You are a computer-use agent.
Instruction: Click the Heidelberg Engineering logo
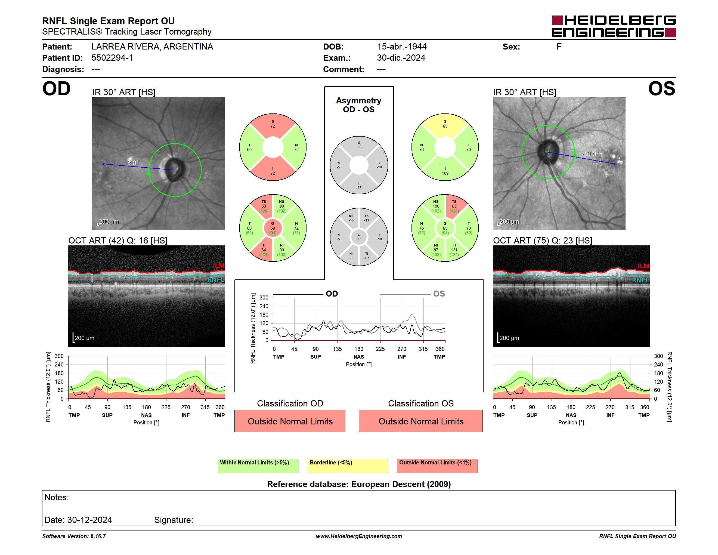click(x=614, y=26)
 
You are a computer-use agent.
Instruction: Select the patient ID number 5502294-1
click(x=112, y=58)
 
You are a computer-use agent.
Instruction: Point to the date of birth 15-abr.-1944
click(x=402, y=47)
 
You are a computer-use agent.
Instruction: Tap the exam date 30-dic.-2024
click(x=401, y=58)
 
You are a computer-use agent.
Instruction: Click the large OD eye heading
click(x=56, y=89)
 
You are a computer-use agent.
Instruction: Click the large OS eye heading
click(x=662, y=89)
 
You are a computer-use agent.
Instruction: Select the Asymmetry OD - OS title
click(x=359, y=105)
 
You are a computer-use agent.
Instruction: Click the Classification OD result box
click(x=290, y=421)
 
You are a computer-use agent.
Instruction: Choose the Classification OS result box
click(x=421, y=421)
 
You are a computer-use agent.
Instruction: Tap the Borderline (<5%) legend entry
click(x=348, y=466)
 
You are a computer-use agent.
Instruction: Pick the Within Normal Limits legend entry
click(x=258, y=466)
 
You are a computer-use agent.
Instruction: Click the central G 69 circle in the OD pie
click(x=273, y=228)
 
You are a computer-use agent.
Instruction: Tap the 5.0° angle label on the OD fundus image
click(x=133, y=163)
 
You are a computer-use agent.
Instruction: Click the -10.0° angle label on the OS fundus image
click(x=590, y=154)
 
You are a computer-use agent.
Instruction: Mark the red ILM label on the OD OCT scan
click(x=219, y=265)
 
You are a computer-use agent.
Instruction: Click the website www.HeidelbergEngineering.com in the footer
click(x=359, y=536)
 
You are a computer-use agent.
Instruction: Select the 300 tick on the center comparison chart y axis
click(x=264, y=298)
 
